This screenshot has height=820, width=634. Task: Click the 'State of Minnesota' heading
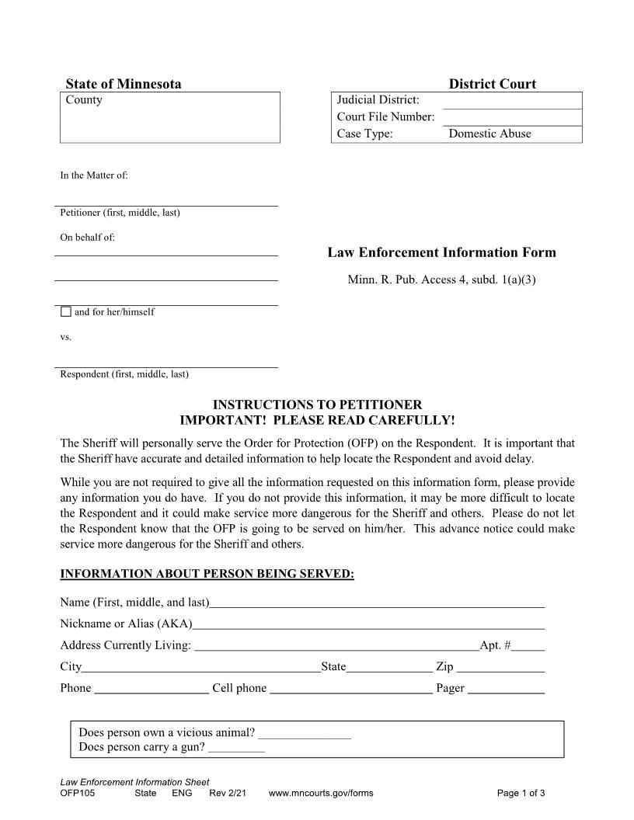click(x=124, y=84)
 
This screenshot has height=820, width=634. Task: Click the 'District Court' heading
click(x=492, y=84)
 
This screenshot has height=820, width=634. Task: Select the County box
click(x=170, y=117)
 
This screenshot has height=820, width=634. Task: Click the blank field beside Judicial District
click(x=514, y=100)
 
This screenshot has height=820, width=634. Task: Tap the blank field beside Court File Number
click(x=514, y=117)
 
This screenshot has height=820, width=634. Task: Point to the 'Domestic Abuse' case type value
click(x=490, y=134)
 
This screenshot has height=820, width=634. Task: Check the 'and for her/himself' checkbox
click(x=66, y=312)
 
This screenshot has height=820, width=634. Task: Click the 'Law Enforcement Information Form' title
click(x=441, y=252)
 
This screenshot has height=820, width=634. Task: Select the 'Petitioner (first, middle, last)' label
click(x=120, y=213)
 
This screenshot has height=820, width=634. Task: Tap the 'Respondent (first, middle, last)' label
click(x=124, y=374)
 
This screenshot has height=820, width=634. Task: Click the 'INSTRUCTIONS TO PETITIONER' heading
click(x=317, y=405)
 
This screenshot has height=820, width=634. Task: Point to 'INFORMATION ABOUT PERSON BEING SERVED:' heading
click(x=207, y=575)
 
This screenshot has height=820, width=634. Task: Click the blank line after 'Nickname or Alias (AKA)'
click(x=369, y=624)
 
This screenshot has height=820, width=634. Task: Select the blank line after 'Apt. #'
click(x=528, y=645)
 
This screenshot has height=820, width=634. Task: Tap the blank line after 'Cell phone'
click(x=351, y=688)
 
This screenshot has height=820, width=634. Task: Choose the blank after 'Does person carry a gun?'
click(x=237, y=748)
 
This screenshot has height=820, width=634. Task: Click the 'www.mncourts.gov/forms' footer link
click(x=321, y=793)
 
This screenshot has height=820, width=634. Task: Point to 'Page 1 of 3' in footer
click(x=521, y=793)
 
